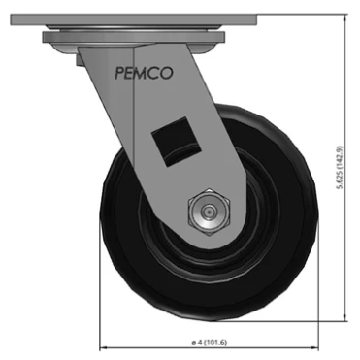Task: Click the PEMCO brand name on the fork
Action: point(144,73)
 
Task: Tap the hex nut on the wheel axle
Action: point(210,213)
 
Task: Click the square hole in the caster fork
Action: point(177,142)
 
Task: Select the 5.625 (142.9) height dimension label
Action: point(339,167)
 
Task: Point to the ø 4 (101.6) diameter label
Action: point(210,342)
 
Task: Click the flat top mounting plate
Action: point(134,19)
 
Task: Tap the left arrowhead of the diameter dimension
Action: point(103,348)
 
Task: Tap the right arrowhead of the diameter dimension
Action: point(315,348)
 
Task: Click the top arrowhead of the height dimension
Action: point(345,17)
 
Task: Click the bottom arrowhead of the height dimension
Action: point(345,317)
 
